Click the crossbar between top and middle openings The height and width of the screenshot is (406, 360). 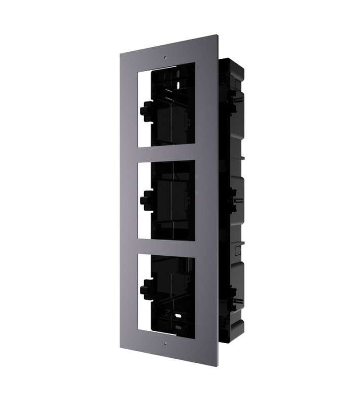pyautogui.click(x=166, y=152)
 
